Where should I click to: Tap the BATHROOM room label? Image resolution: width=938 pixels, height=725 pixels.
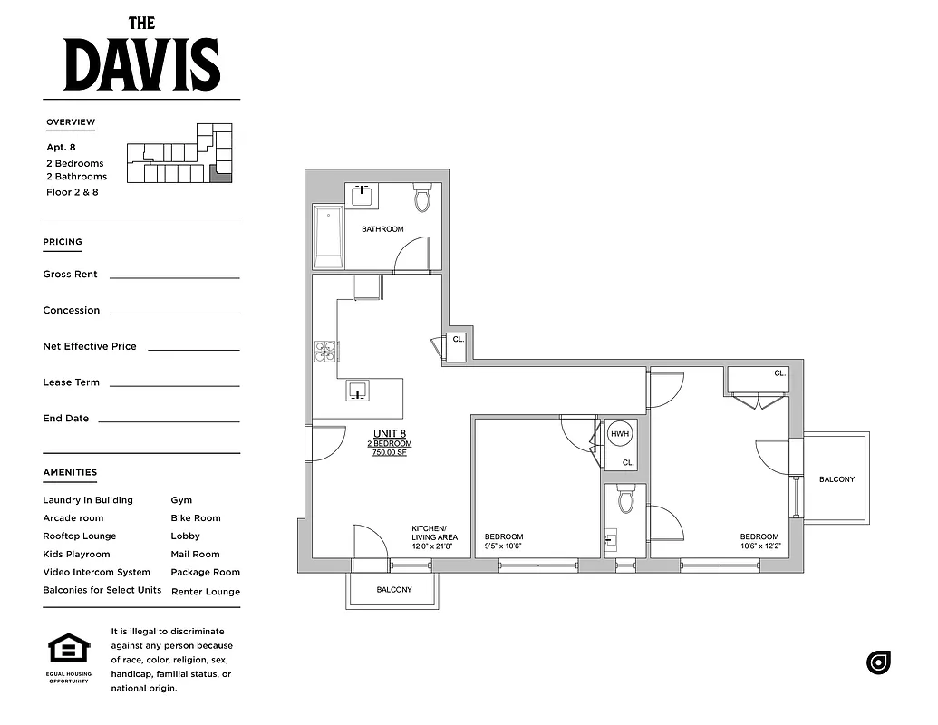point(382,229)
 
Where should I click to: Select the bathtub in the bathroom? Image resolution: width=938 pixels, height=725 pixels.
point(328,237)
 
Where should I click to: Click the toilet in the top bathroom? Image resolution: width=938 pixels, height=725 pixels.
point(422,198)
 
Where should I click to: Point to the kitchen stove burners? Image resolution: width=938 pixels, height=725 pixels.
point(324,351)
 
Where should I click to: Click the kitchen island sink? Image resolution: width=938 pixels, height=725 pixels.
point(357,391)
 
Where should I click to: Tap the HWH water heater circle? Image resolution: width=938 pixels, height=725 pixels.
point(620,434)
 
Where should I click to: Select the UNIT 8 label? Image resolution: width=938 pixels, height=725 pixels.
point(390,433)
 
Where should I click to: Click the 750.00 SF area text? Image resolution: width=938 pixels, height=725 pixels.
point(390,453)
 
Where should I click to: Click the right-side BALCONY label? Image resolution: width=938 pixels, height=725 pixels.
point(836,479)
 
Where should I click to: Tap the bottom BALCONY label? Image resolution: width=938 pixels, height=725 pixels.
point(394,590)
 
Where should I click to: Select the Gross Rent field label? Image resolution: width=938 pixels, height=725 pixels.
point(70,275)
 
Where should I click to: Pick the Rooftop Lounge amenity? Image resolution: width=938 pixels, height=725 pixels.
point(80,536)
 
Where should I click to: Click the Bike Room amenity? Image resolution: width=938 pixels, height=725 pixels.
point(196,518)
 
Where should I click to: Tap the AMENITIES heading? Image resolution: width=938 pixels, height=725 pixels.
point(70,472)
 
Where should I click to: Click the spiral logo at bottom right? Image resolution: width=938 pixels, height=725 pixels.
point(878,662)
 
